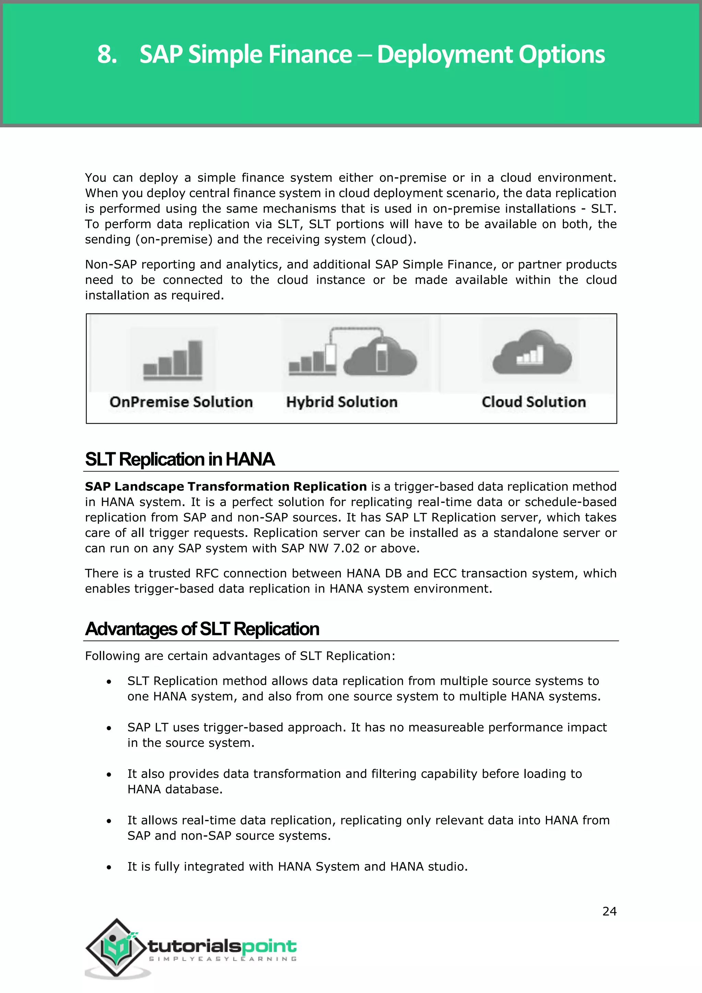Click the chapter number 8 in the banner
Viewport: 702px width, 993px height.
tap(106, 55)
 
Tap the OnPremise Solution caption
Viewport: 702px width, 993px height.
tap(181, 402)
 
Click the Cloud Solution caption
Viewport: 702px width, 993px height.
tap(533, 402)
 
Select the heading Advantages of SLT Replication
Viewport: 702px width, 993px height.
tap(202, 629)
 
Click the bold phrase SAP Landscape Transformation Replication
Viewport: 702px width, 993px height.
tap(226, 487)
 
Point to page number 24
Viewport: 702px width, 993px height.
tap(609, 911)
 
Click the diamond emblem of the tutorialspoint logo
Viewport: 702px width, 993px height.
tap(116, 948)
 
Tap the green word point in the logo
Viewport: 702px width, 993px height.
tap(269, 947)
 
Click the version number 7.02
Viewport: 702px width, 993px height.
tap(346, 548)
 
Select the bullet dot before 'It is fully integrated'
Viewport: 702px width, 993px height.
tap(109, 867)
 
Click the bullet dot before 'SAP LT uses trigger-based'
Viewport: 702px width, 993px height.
tap(109, 728)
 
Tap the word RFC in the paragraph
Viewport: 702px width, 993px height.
tap(207, 574)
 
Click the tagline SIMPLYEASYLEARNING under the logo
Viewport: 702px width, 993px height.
tap(222, 959)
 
